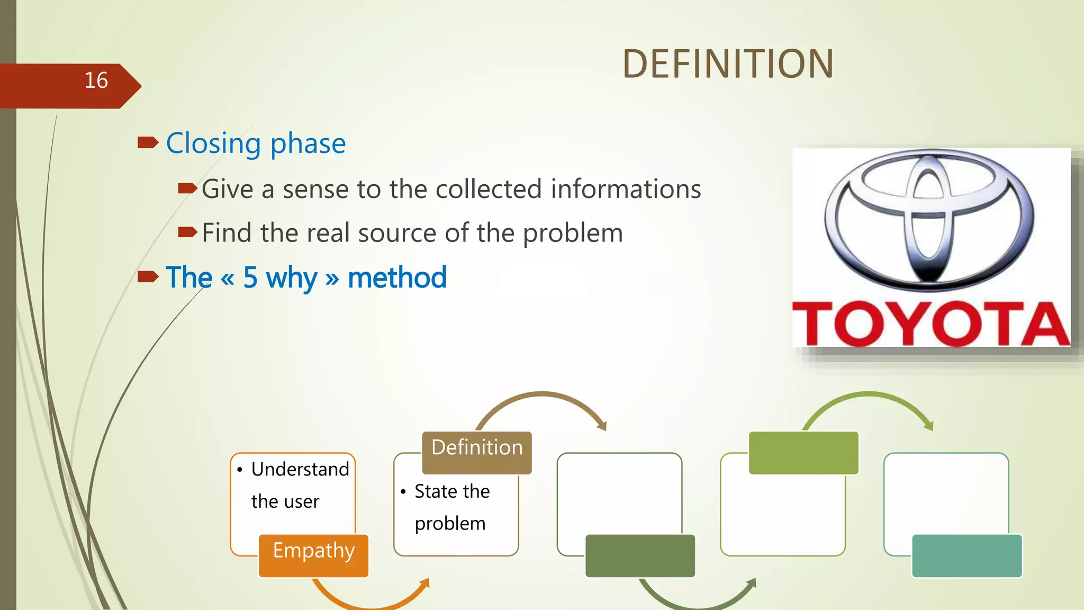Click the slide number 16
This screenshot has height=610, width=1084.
click(96, 80)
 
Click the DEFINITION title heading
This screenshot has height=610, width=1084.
click(728, 64)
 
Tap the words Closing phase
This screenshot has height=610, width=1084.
click(256, 143)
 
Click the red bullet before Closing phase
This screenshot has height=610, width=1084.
click(148, 142)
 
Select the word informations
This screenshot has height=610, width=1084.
click(626, 189)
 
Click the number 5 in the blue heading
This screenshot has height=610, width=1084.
click(250, 277)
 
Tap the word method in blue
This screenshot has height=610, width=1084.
click(397, 277)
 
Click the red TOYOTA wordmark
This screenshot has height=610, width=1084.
click(931, 324)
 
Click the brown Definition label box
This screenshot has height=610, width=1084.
click(476, 452)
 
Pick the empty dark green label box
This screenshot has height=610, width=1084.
click(640, 555)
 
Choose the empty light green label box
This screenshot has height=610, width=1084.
click(803, 453)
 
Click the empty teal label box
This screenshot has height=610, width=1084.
click(966, 555)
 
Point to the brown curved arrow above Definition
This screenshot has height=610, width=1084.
click(543, 397)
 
